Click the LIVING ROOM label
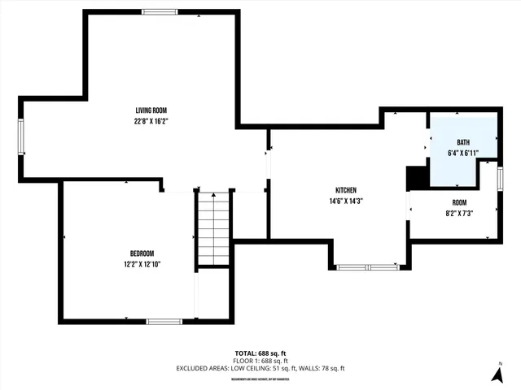pyautogui.click(x=151, y=111)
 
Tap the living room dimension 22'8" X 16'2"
pyautogui.click(x=151, y=121)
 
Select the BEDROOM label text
pyautogui.click(x=142, y=253)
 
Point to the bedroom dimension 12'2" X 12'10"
pyautogui.click(x=142, y=263)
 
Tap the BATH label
pyautogui.click(x=462, y=142)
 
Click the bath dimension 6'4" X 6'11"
pyautogui.click(x=462, y=152)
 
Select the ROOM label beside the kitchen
pyautogui.click(x=459, y=202)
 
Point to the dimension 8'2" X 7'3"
pyautogui.click(x=459, y=213)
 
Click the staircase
pyautogui.click(x=213, y=228)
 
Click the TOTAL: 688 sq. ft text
pyautogui.click(x=260, y=353)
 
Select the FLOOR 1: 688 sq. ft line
pyautogui.click(x=260, y=360)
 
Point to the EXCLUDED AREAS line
pyautogui.click(x=260, y=368)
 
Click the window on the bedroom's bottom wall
pyautogui.click(x=164, y=321)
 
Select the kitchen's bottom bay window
pyautogui.click(x=367, y=266)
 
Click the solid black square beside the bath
pyautogui.click(x=418, y=176)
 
